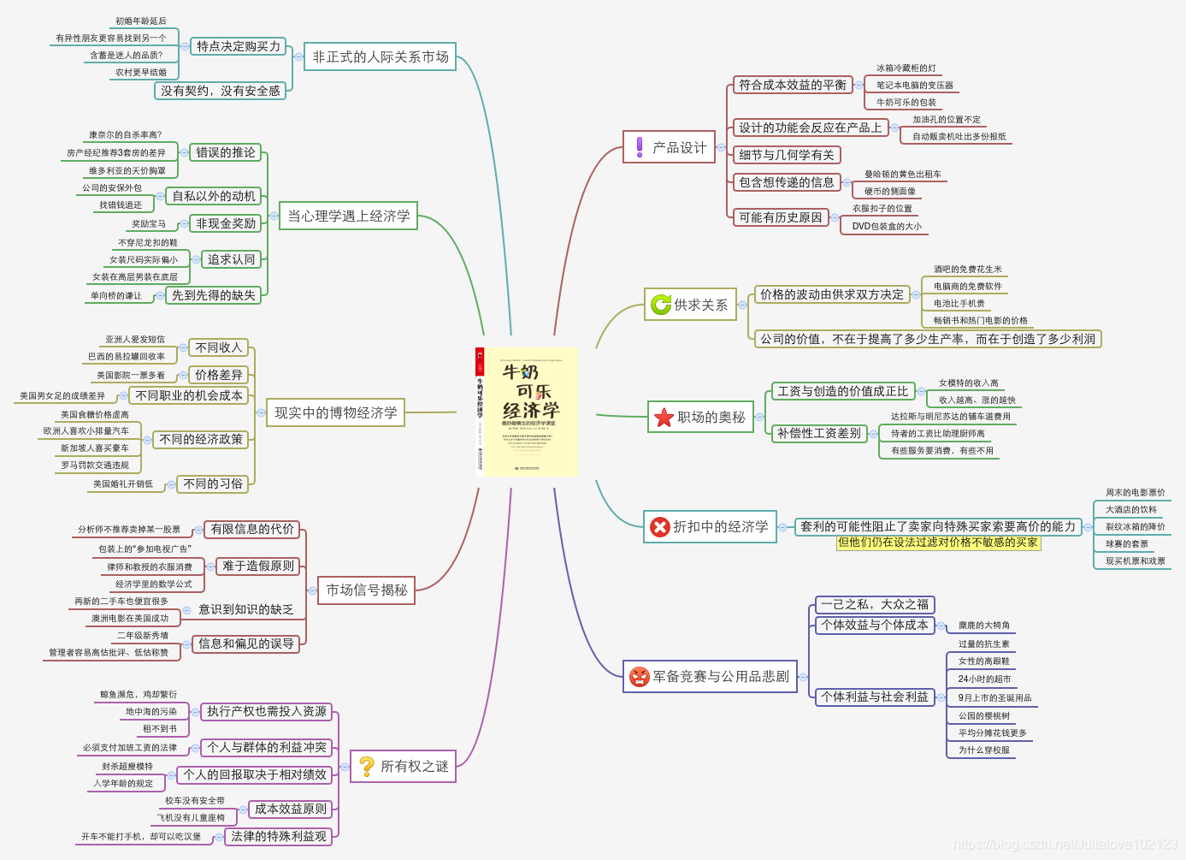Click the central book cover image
[x=526, y=412]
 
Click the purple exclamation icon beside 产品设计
[x=639, y=147]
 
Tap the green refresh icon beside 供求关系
[x=661, y=305]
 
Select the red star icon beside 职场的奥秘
[x=664, y=418]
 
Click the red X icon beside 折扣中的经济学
[x=659, y=527]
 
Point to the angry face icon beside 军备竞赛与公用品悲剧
[x=639, y=677]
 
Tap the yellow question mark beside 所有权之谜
[x=366, y=766]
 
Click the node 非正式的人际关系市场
[x=380, y=57]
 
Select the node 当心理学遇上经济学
[x=348, y=216]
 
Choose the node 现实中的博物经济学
[x=335, y=413]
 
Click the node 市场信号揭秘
[x=366, y=590]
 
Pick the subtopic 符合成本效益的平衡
[x=792, y=85]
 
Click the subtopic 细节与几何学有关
[x=786, y=155]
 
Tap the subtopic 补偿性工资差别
[x=818, y=433]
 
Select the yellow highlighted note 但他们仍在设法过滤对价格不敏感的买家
[x=938, y=543]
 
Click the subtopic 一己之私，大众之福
[x=874, y=604]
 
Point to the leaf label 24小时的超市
[x=984, y=679]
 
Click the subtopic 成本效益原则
[x=290, y=809]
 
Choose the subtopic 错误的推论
[x=225, y=152]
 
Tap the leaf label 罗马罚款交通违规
[x=95, y=465]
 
